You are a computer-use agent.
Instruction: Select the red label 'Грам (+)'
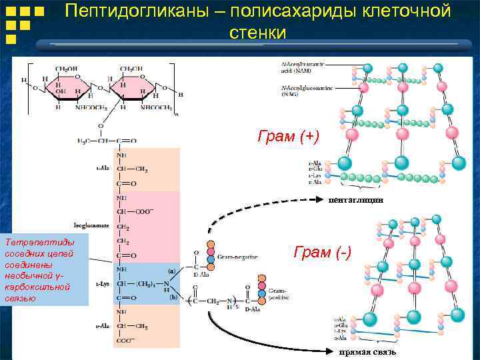point(289,137)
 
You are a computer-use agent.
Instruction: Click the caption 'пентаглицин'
point(355,199)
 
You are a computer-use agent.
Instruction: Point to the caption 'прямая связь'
point(367,351)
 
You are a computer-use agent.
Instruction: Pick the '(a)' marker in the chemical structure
point(171,271)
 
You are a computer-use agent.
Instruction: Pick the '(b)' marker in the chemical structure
point(173,296)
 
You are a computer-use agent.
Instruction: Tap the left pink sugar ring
point(75,87)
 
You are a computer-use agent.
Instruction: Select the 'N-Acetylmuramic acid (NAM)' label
point(303,67)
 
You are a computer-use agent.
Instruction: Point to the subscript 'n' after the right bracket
point(176,113)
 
